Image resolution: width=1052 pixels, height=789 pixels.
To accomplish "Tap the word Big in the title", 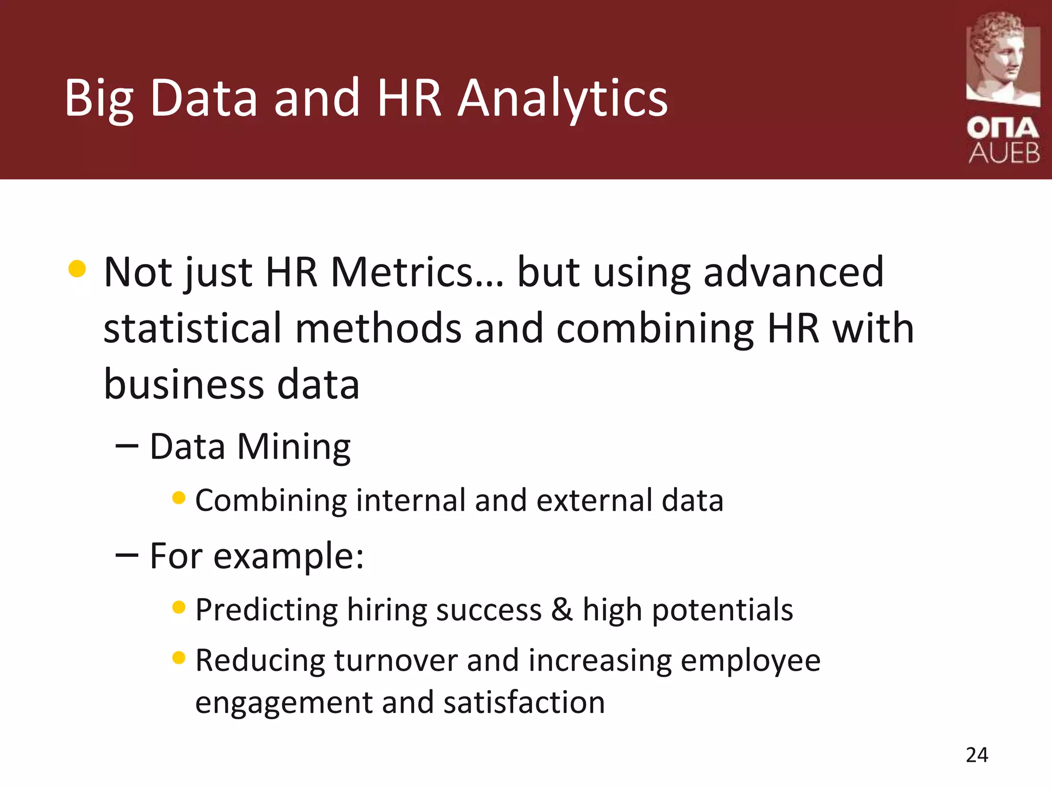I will tap(99, 99).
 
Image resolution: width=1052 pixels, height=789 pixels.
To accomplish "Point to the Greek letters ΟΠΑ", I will tap(1003, 128).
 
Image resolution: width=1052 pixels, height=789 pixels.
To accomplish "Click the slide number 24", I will tap(976, 755).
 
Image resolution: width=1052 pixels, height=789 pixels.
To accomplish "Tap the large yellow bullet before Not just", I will tap(77, 269).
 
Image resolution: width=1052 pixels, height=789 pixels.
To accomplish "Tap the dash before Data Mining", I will tap(127, 446).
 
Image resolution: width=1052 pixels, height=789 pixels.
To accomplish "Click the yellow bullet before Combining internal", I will tap(179, 498).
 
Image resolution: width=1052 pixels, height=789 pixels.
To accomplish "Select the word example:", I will tap(289, 556).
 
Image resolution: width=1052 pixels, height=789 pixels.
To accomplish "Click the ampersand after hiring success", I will tap(562, 610).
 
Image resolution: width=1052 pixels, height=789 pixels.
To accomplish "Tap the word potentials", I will tap(722, 610).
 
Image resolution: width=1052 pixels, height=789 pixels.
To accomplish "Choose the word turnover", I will tap(396, 661).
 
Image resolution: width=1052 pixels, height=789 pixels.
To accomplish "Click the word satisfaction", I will tap(524, 703).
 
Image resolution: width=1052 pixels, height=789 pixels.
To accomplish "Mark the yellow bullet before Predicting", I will tap(179, 608).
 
